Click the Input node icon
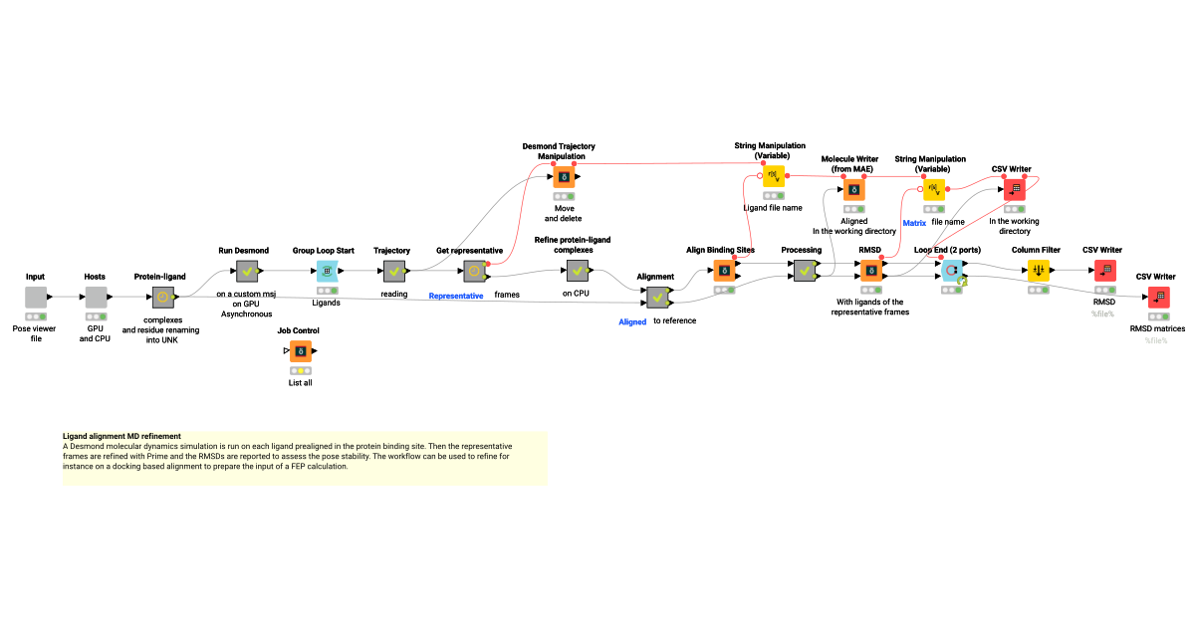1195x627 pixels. click(36, 297)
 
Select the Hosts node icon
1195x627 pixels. click(96, 297)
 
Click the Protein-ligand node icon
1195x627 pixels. click(162, 297)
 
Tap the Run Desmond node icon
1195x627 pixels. click(247, 270)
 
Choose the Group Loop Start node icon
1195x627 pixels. click(326, 270)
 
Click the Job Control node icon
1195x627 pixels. click(300, 350)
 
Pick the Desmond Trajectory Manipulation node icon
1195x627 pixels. click(565, 178)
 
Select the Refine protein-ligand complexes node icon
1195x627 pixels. click(577, 270)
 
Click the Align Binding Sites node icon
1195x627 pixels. click(725, 270)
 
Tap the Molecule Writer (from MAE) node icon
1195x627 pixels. click(854, 188)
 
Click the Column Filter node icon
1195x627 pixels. click(1039, 270)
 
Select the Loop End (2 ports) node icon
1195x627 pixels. click(951, 270)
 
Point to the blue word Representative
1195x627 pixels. click(456, 296)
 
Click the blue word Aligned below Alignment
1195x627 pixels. click(632, 321)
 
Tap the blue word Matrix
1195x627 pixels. click(914, 223)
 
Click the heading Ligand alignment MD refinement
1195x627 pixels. click(122, 436)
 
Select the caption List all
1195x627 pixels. click(300, 382)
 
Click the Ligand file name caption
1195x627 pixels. click(773, 208)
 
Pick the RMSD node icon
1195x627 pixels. click(870, 270)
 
